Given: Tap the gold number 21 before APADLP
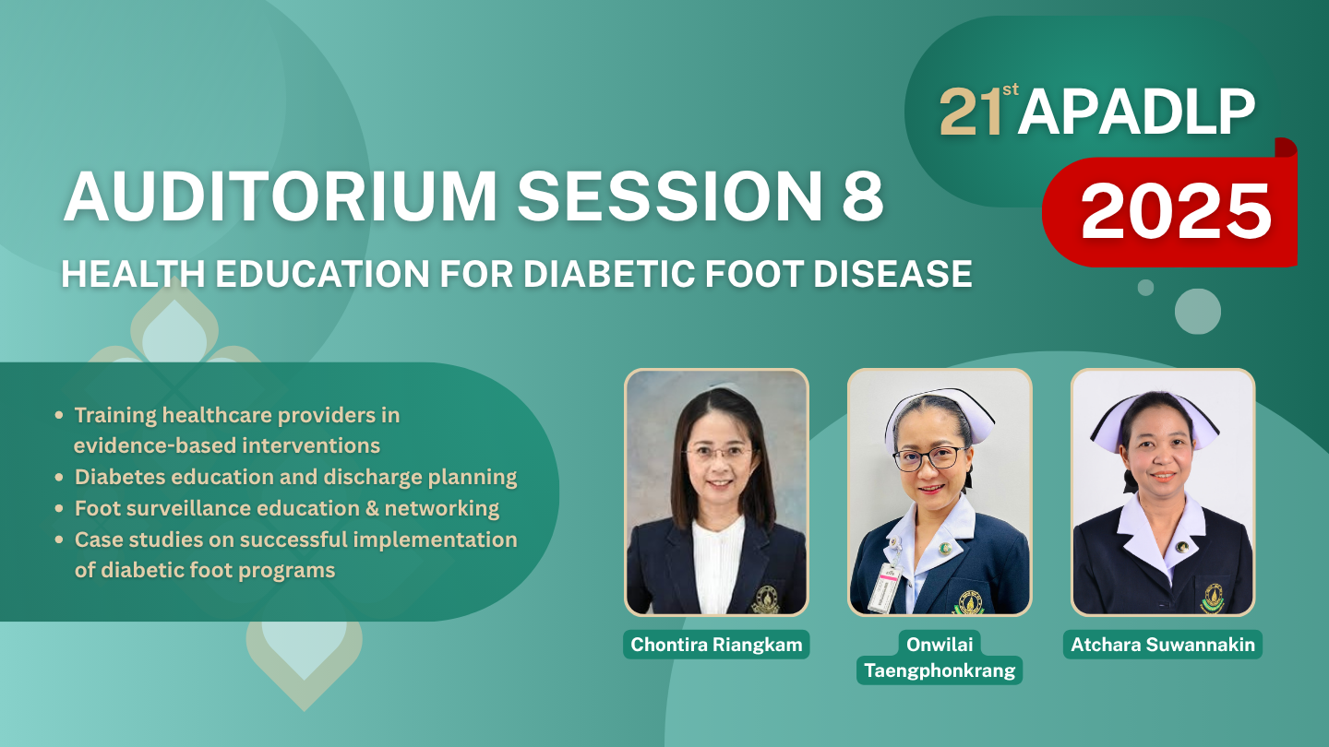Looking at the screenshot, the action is (971, 113).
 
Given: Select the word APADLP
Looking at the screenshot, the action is (1136, 113).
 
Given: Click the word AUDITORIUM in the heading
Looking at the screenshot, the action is (280, 196).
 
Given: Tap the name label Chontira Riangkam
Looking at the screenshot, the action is (716, 645).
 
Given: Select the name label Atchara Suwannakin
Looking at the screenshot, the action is (1163, 645).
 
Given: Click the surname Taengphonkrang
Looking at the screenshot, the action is (940, 670).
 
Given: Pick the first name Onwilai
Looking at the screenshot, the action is (940, 644).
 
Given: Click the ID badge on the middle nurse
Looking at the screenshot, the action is (884, 587).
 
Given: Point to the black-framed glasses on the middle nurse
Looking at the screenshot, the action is (929, 458).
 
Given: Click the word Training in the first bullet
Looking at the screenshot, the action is (115, 416).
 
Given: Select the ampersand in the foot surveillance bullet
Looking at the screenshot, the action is (372, 509).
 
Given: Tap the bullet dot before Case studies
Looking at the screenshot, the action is (59, 539).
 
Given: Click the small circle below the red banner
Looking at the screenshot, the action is (1145, 288).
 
